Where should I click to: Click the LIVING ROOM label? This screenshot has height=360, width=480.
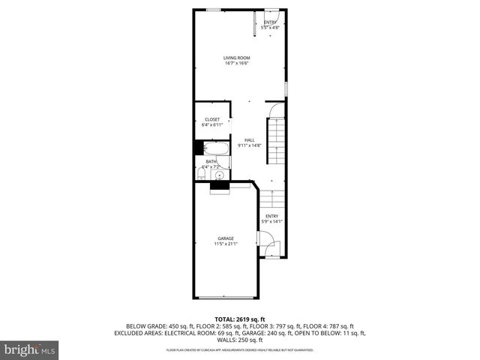pyautogui.click(x=236, y=58)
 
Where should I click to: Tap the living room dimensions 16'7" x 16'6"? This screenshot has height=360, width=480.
pyautogui.click(x=236, y=63)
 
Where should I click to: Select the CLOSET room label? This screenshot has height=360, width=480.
pyautogui.click(x=212, y=119)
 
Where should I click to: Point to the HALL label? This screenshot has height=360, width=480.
pyautogui.click(x=249, y=139)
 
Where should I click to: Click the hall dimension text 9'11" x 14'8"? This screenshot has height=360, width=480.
pyautogui.click(x=249, y=145)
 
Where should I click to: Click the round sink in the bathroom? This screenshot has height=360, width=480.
pyautogui.click(x=218, y=176)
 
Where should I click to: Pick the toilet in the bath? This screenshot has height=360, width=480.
pyautogui.click(x=201, y=175)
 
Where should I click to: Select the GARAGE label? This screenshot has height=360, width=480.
pyautogui.click(x=226, y=238)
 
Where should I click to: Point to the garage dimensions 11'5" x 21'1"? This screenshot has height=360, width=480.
pyautogui.click(x=226, y=244)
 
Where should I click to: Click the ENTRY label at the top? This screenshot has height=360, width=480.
pyautogui.click(x=270, y=22)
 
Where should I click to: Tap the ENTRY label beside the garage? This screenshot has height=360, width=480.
pyautogui.click(x=270, y=217)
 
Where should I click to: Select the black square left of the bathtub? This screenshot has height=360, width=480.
pyautogui.click(x=199, y=148)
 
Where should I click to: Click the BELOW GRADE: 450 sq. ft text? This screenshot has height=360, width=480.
pyautogui.click(x=155, y=325)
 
